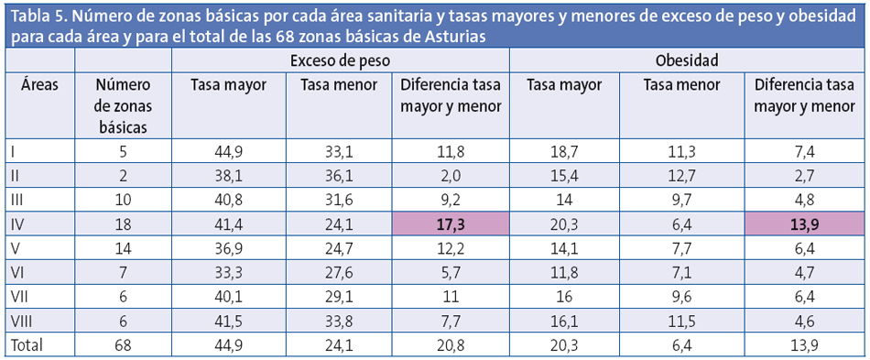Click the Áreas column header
pyautogui.click(x=39, y=85)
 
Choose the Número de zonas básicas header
pyautogui.click(x=123, y=105)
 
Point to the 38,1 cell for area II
pyautogui.click(x=228, y=175)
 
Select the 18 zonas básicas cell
pyautogui.click(x=123, y=223)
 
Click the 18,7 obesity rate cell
pyautogui.click(x=564, y=151)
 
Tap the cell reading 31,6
pyautogui.click(x=339, y=199)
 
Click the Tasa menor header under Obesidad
pyautogui.click(x=682, y=85)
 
